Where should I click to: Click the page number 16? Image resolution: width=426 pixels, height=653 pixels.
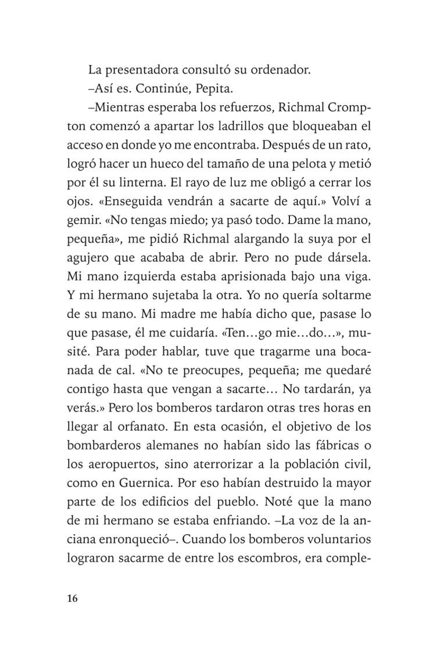click(71, 598)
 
